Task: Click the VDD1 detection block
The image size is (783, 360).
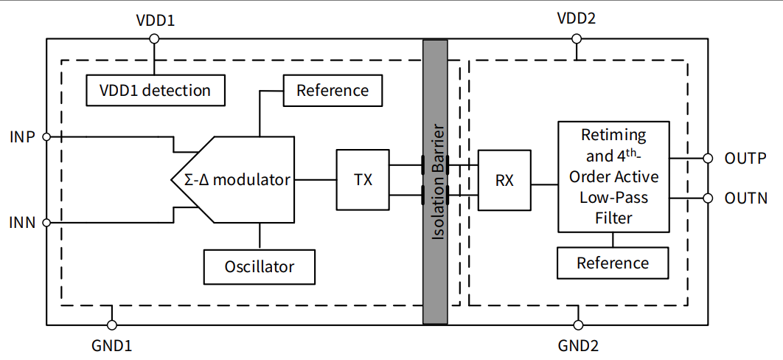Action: click(x=155, y=90)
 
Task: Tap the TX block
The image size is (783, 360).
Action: click(x=362, y=179)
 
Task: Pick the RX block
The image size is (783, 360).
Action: click(x=504, y=179)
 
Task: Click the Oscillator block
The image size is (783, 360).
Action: click(x=259, y=266)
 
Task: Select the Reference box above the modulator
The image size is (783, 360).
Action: click(x=332, y=90)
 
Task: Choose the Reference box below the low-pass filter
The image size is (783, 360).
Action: click(x=613, y=263)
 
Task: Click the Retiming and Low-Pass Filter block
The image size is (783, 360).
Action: click(x=613, y=177)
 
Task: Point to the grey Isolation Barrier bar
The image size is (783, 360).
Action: click(x=435, y=181)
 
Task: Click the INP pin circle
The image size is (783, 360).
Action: click(x=46, y=136)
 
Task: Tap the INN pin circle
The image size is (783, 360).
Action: click(x=46, y=222)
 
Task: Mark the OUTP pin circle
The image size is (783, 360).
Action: click(x=708, y=158)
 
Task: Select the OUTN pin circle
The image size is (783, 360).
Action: click(x=708, y=198)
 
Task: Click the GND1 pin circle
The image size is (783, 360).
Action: click(x=112, y=325)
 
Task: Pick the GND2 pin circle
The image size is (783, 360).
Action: click(x=578, y=325)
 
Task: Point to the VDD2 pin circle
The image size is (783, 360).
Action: click(x=577, y=39)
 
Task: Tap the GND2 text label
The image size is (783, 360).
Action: click(x=579, y=345)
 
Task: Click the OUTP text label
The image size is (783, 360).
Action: click(x=745, y=159)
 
